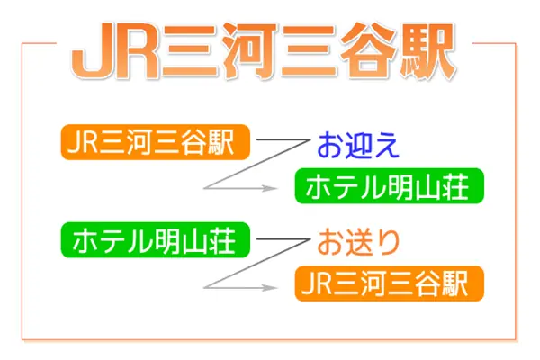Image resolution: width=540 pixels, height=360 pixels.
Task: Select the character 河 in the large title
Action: pos(249,51)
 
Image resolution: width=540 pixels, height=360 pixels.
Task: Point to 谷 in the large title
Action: pos(368,51)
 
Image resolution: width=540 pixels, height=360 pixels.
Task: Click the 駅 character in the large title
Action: pos(427,51)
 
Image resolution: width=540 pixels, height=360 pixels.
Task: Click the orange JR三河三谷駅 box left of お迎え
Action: pos(156,142)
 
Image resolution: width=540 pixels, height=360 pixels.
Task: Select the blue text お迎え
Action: pos(358,146)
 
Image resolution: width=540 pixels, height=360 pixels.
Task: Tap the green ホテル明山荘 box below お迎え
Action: pos(390,186)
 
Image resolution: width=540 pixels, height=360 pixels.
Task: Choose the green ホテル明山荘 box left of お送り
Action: pos(156,239)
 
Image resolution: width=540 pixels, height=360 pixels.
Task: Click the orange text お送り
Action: pos(358,242)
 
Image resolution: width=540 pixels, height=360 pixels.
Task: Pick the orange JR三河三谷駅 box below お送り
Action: pos(390,283)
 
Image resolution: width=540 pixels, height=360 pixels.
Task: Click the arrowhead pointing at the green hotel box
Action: pos(269,188)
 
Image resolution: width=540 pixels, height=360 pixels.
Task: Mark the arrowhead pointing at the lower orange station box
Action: pos(269,288)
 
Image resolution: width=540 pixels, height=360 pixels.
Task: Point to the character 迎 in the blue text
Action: pos(358,146)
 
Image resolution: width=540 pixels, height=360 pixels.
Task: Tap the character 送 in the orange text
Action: pos(358,242)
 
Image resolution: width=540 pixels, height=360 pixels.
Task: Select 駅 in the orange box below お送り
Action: pos(454,283)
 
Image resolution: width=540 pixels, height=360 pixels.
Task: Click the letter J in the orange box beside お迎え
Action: pos(74,142)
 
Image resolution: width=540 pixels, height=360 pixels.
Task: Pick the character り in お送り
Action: pos(387,242)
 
